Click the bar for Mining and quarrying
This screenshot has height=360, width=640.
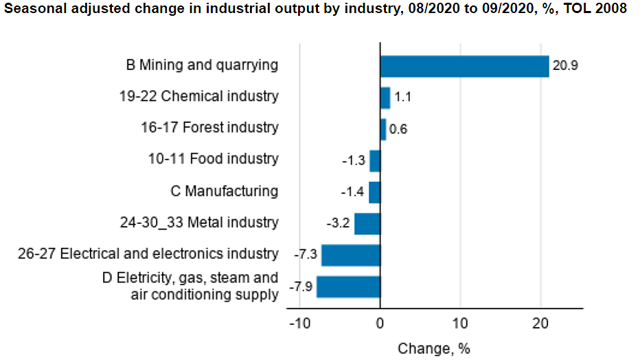click(464, 66)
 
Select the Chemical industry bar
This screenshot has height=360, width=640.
click(385, 98)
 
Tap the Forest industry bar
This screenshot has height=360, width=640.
click(383, 129)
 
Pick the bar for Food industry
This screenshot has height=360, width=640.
click(375, 161)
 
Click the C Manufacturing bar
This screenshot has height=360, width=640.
click(374, 192)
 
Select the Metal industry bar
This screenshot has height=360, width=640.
click(367, 224)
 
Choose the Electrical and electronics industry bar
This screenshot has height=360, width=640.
click(351, 255)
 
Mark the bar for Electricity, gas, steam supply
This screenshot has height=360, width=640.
click(348, 286)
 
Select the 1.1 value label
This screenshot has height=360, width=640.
click(402, 98)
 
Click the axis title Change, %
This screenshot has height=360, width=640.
click(434, 348)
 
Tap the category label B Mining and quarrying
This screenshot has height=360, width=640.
click(202, 65)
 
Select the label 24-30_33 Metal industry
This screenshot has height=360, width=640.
click(199, 223)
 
